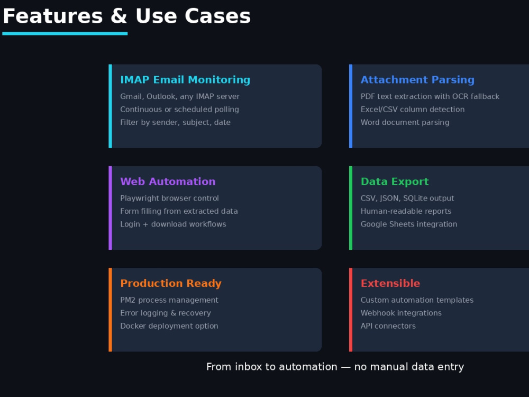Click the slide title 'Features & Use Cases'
pos(126,16)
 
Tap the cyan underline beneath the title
pos(65,33)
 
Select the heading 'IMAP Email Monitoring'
pos(185,80)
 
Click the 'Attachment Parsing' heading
pos(417,80)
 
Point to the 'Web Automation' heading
pos(168,181)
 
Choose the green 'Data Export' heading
pos(395,182)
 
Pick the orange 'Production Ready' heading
pos(171,283)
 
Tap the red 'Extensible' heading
pos(390,283)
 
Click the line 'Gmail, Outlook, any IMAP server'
pos(180,96)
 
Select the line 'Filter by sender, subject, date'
pos(176,122)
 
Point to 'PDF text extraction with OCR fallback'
pos(430,96)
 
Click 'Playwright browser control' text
pos(169,198)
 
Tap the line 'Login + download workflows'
pos(173,224)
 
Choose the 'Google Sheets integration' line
pos(409,224)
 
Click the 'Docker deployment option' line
pos(169,326)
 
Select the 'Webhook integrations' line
pos(401,313)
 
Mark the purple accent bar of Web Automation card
pos(111,208)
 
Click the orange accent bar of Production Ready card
pos(111,310)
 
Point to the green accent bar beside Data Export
pos(351,208)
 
